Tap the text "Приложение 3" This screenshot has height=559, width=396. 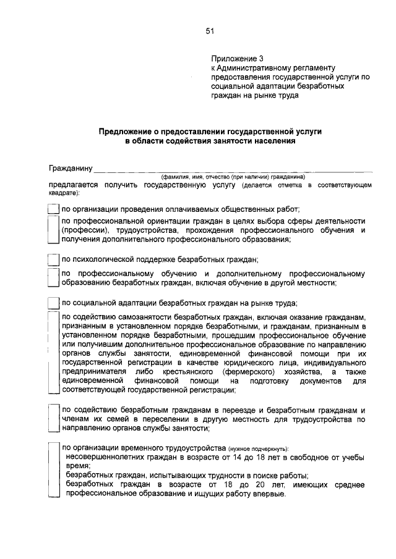(234, 59)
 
